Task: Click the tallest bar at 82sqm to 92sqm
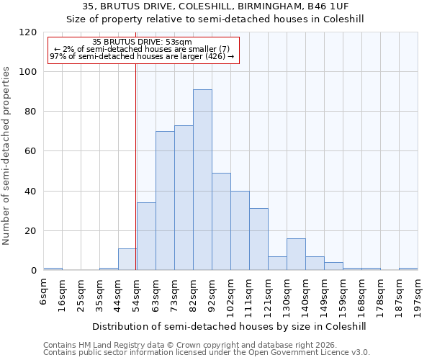[202, 180]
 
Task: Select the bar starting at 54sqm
[146, 237]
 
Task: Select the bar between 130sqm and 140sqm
[296, 255]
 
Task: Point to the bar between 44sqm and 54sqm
[127, 260]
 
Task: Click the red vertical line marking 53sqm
[135, 166]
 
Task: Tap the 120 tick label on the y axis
[28, 32]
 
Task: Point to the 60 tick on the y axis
[31, 152]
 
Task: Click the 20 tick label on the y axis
[31, 231]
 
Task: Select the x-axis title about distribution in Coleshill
[230, 326]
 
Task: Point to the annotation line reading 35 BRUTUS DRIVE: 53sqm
[142, 42]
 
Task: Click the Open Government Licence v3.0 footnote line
[207, 353]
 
